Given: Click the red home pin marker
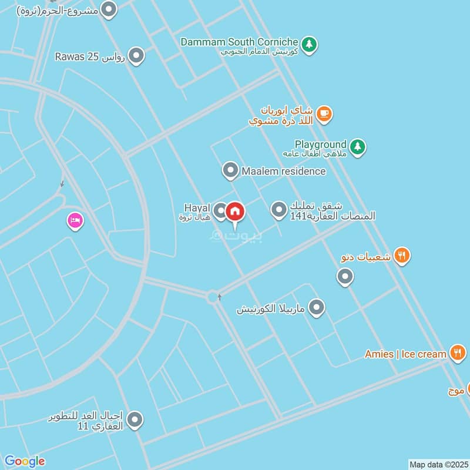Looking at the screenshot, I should [235, 211].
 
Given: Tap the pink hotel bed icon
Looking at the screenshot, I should [75, 221].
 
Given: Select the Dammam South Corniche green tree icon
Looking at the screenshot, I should [309, 43].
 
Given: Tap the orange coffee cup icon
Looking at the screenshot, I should [324, 113].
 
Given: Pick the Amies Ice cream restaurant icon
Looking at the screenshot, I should [457, 353].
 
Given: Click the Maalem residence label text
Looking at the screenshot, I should [283, 172].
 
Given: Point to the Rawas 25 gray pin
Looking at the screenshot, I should [136, 56].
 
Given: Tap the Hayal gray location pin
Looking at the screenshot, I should [220, 210].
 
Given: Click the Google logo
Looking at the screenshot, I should [24, 461].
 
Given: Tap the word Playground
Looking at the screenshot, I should [320, 144].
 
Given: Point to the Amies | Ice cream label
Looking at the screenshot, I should [405, 354].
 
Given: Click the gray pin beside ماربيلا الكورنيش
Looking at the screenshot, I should [317, 307].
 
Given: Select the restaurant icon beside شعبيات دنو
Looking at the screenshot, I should [402, 255].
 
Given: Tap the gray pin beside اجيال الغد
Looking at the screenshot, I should [135, 419].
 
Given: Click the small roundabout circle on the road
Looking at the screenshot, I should [213, 297].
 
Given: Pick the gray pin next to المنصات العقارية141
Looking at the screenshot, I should [278, 209].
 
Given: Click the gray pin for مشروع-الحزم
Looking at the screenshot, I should [109, 9].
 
